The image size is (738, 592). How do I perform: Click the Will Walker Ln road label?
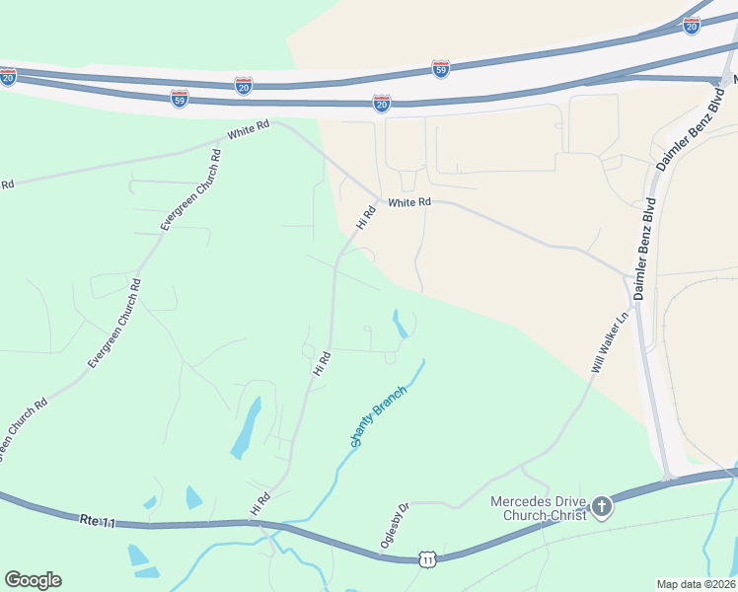pos(610,342)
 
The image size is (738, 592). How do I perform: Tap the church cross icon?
pos(601,508)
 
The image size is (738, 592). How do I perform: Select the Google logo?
pos(33,580)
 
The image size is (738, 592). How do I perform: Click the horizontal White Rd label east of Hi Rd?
pos(409,202)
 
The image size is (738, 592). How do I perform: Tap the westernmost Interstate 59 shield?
pos(179,99)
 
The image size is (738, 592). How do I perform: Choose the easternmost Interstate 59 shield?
pos(441,69)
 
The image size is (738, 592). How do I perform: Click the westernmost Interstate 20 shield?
pos(8,76)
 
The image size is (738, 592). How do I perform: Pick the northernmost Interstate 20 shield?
pos(692,26)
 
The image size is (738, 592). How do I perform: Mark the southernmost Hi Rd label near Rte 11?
pos(259,504)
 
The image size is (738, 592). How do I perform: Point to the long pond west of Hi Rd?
pos(247,427)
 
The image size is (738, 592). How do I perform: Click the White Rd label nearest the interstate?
pos(248,129)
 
